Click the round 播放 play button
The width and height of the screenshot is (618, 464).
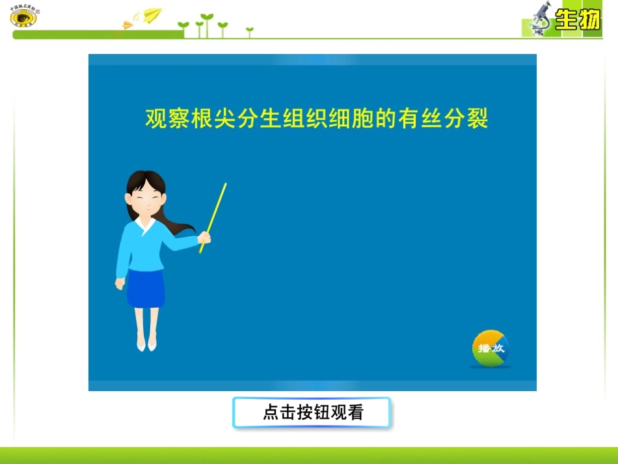(490, 348)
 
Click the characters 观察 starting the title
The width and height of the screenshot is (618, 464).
(167, 119)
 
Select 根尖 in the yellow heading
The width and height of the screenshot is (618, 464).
(213, 119)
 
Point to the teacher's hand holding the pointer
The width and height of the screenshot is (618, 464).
(204, 238)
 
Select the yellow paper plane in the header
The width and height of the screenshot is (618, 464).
(153, 14)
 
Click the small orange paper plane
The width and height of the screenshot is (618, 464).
(128, 25)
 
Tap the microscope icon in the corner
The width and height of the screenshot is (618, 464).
(541, 18)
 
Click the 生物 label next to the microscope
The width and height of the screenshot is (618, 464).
(578, 20)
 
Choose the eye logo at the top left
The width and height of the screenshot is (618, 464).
(23, 18)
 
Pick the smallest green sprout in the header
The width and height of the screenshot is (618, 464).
(249, 31)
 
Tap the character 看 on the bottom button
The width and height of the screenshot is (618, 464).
(355, 413)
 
